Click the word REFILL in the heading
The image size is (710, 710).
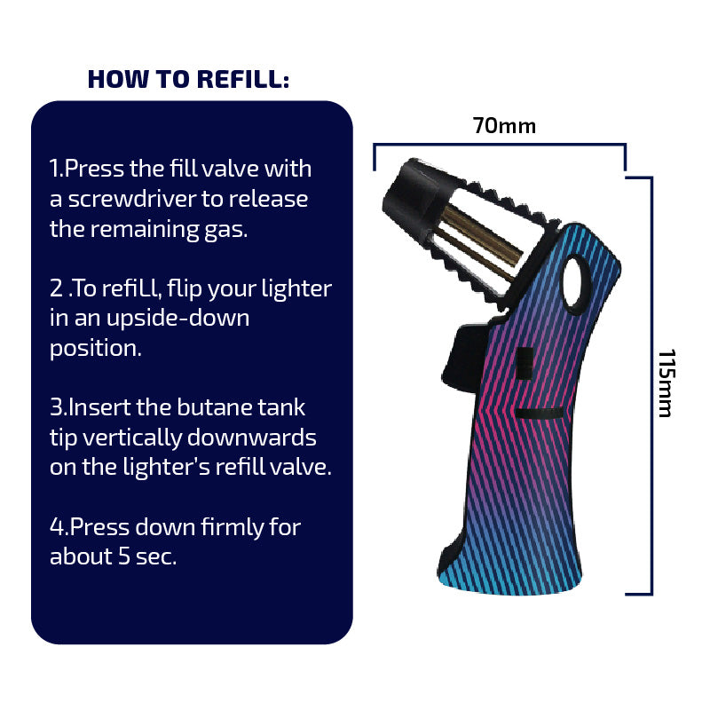(243, 79)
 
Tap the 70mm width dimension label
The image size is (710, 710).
(504, 126)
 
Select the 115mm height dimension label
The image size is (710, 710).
(667, 383)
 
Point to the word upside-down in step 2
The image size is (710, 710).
(177, 319)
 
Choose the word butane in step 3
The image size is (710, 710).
(213, 407)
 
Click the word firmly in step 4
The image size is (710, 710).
(232, 528)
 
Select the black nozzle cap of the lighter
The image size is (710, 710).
(410, 195)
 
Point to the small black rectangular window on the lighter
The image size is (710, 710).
(525, 363)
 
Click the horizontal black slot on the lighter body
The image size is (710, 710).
(540, 413)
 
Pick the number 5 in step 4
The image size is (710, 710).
(124, 556)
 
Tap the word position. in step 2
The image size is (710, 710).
(96, 350)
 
